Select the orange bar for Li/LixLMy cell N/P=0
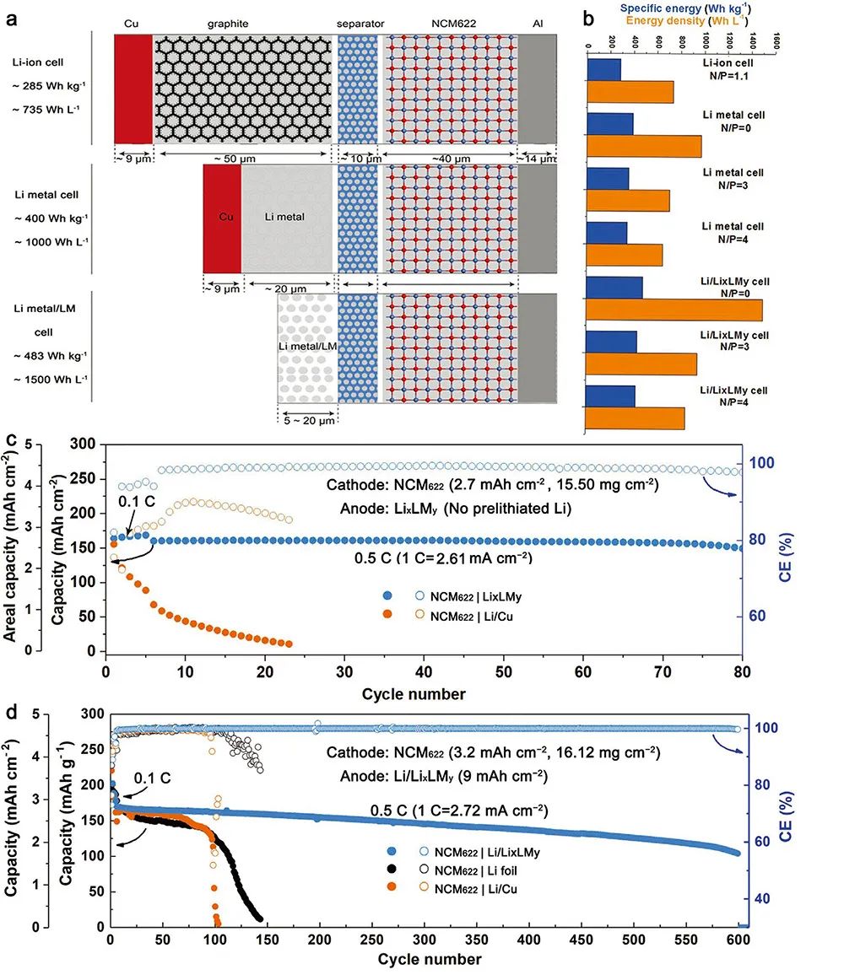pyautogui.click(x=674, y=310)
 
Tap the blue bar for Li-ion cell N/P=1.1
pyautogui.click(x=603, y=69)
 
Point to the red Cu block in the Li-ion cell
pyautogui.click(x=133, y=89)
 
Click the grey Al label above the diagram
pyautogui.click(x=537, y=24)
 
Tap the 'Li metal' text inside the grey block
pyautogui.click(x=283, y=217)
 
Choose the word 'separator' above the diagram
pyautogui.click(x=360, y=24)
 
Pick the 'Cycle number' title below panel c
pyautogui.click(x=414, y=694)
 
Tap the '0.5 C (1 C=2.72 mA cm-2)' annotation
pyautogui.click(x=460, y=811)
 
